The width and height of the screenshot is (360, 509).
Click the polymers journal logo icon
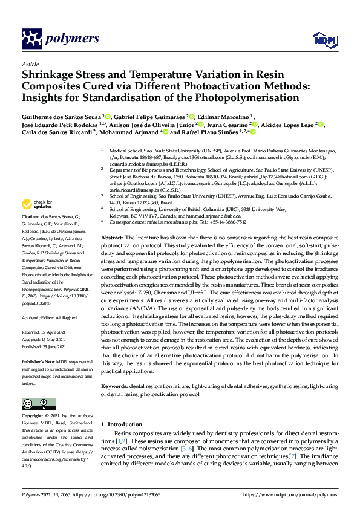tap(32, 39)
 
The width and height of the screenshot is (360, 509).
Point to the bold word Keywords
tap(115, 385)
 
